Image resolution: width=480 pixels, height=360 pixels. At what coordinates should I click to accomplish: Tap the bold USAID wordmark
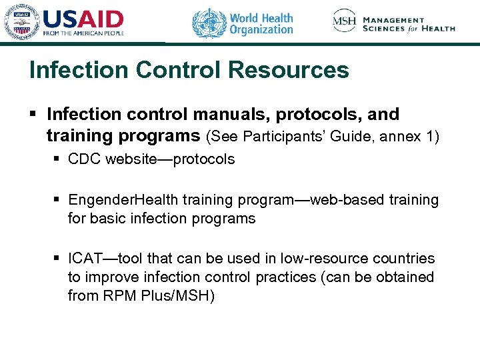[x=83, y=18]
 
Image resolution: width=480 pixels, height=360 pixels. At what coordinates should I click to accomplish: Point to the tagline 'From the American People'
[x=83, y=33]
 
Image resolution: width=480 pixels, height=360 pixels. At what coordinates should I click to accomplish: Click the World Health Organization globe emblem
[x=209, y=23]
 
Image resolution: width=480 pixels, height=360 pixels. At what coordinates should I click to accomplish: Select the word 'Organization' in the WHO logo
[x=261, y=29]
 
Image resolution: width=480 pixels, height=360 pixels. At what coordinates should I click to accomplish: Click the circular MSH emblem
[x=345, y=21]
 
